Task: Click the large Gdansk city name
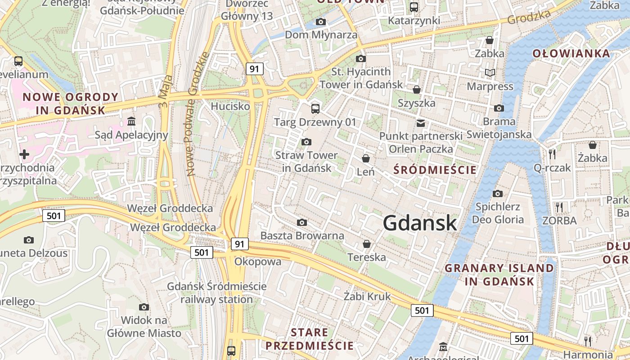click(x=420, y=223)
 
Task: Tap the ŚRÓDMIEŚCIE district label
click(x=435, y=170)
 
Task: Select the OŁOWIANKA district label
click(x=571, y=54)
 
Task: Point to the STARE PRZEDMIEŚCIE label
click(x=310, y=339)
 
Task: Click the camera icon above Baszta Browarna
click(x=302, y=222)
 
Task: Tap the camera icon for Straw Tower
click(x=306, y=142)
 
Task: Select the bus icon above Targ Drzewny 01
click(x=315, y=108)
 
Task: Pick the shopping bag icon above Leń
click(x=366, y=158)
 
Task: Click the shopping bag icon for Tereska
click(x=367, y=244)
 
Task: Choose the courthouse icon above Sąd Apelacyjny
click(x=131, y=121)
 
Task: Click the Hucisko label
click(x=230, y=107)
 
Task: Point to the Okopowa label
click(x=258, y=261)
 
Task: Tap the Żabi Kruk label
click(x=367, y=297)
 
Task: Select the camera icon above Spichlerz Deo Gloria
click(x=497, y=193)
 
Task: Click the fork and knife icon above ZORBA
click(x=559, y=207)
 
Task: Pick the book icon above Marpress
click(x=490, y=72)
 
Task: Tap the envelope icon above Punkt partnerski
click(x=421, y=123)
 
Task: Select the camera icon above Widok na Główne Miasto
click(x=144, y=307)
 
